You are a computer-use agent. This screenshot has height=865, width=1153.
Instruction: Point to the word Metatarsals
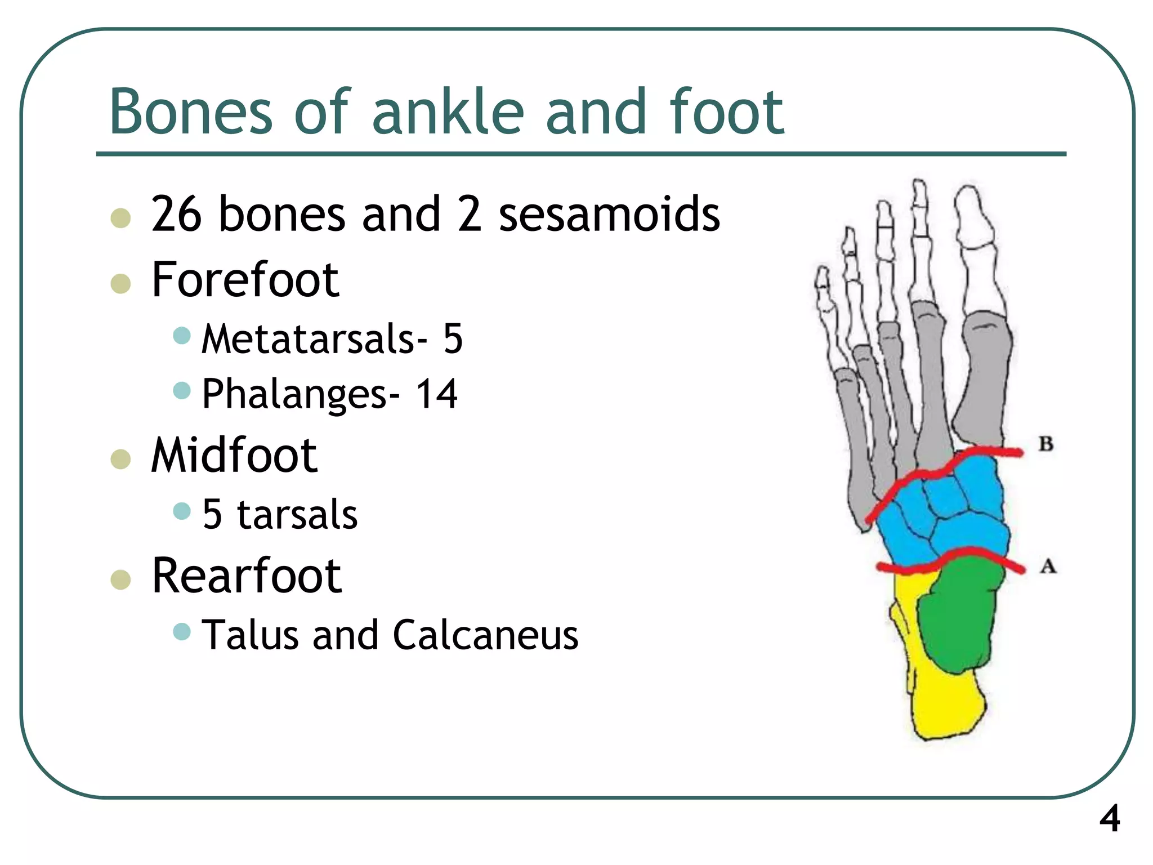click(x=309, y=339)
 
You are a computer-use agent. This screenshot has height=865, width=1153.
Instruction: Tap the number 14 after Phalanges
click(x=436, y=394)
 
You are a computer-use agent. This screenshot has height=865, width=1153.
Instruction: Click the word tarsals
click(x=297, y=515)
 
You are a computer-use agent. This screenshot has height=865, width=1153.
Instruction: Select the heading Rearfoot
click(x=247, y=576)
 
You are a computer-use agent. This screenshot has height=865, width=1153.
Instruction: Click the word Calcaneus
click(x=485, y=635)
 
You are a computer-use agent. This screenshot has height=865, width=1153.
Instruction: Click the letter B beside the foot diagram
click(x=1046, y=444)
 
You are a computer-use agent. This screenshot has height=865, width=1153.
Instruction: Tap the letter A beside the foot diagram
click(x=1047, y=565)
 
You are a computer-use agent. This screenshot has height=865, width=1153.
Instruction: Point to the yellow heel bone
click(x=946, y=704)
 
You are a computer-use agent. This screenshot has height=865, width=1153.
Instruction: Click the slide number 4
click(x=1110, y=819)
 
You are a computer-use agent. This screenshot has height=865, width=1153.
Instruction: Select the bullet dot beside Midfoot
click(x=121, y=459)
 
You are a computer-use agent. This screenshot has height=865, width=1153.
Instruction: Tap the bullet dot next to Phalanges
click(x=182, y=390)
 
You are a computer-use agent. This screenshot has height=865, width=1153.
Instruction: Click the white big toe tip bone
click(x=973, y=217)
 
